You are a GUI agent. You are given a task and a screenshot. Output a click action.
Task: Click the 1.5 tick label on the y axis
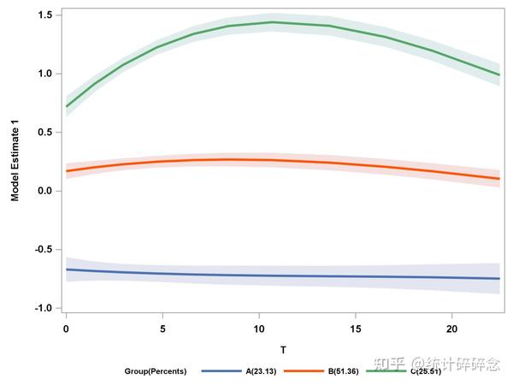click(44, 15)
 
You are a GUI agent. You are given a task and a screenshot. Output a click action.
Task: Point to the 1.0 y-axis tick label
click(44, 74)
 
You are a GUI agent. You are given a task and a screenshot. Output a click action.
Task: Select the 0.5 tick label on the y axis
click(44, 133)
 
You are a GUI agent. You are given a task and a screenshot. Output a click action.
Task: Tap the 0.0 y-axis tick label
click(44, 191)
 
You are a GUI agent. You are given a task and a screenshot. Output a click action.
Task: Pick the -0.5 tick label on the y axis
click(44, 249)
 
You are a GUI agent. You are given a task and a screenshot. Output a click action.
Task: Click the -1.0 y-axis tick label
click(44, 308)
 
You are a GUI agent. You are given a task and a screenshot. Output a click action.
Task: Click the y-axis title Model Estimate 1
click(15, 161)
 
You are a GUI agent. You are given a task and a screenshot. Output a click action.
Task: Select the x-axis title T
click(283, 350)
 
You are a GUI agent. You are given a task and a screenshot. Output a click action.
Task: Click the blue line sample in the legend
click(221, 371)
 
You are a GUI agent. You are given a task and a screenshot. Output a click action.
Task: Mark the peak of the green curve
click(272, 22)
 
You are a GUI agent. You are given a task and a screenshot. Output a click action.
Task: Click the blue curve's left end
click(67, 269)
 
